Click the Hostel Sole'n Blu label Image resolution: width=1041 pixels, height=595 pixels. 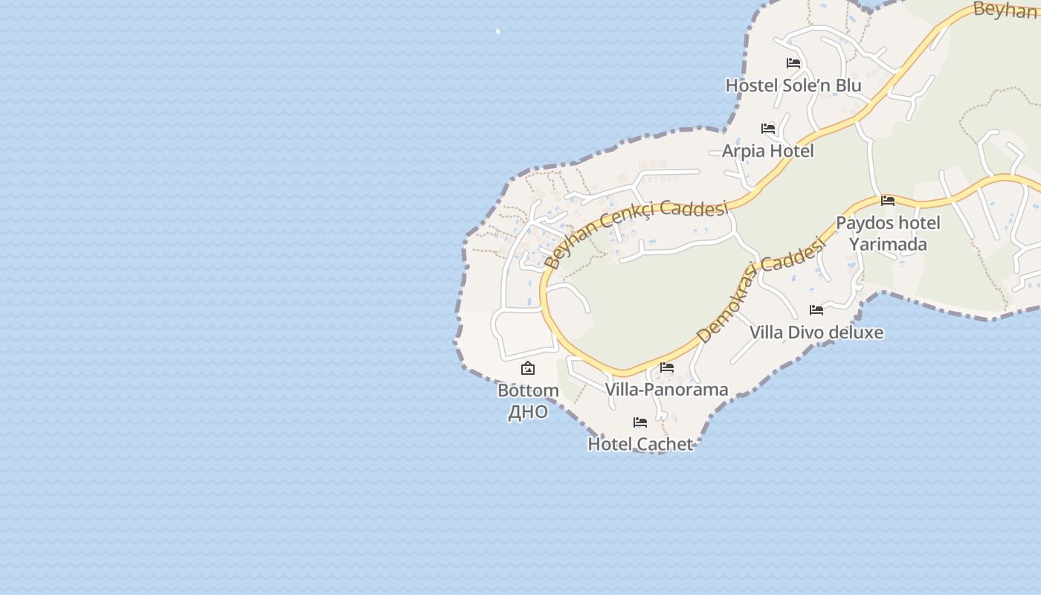pos(793,86)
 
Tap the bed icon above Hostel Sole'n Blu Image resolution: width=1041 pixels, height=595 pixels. pos(793,63)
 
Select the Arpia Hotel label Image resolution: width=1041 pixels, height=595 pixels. pos(768,151)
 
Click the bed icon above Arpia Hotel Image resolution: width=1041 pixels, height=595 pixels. pos(768,129)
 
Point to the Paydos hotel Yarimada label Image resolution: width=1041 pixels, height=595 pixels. pos(888,234)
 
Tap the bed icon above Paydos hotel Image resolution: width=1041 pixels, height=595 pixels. pos(888,201)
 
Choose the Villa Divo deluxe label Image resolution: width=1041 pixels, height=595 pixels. pos(816,332)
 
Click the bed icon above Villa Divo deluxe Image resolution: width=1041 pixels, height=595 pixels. pos(816,309)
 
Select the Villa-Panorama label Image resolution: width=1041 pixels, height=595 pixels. pos(666,390)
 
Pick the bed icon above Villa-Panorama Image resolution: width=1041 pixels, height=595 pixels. pos(667,367)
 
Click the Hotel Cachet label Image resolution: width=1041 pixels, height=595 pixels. pos(640,444)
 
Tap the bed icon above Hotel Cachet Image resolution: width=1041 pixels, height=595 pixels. pos(640,422)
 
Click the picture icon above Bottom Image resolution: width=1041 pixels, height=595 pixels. pos(528,368)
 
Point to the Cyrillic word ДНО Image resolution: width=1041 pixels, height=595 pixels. pos(528,412)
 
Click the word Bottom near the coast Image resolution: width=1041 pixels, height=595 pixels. pos(528,390)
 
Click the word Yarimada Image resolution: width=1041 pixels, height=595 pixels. pos(888,245)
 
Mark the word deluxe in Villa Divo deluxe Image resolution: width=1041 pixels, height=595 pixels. pos(854,332)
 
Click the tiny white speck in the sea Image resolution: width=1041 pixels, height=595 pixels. pos(497,31)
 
